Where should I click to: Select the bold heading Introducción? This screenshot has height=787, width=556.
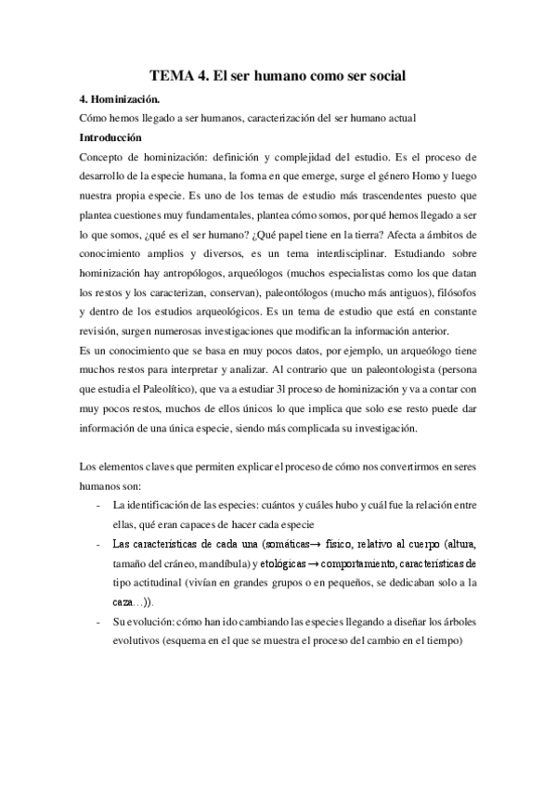pos(116,137)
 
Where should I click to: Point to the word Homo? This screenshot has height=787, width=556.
pos(416,176)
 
